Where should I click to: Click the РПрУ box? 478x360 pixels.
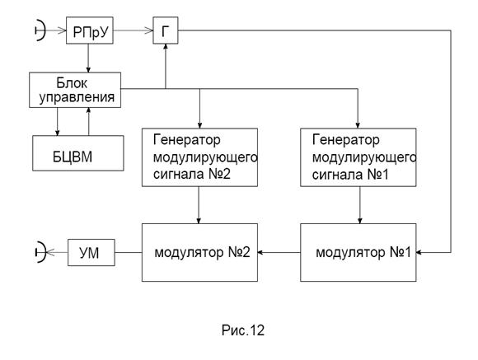tap(90, 30)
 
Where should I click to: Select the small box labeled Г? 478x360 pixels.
tap(166, 30)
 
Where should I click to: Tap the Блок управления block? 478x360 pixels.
tap(75, 90)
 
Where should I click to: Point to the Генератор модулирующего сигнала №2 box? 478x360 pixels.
tap(199, 157)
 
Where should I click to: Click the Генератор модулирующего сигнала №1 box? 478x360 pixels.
tap(358, 157)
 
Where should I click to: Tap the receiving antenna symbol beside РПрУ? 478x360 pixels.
tap(44, 30)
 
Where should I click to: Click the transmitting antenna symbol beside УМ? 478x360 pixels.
tap(44, 252)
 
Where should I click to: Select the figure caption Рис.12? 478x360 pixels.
tap(243, 330)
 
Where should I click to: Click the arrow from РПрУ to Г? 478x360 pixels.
tap(134, 30)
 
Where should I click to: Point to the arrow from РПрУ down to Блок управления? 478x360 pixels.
tap(88, 58)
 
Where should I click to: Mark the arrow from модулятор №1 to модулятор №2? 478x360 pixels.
tap(279, 252)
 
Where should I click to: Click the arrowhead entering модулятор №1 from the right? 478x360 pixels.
tap(419, 252)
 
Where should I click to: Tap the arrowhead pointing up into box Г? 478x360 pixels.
tap(166, 46)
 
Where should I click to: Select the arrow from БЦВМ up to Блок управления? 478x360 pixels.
tap(88, 121)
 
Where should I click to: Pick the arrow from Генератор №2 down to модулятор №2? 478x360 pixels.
tap(199, 205)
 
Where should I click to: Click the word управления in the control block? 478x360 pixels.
tap(77, 97)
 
